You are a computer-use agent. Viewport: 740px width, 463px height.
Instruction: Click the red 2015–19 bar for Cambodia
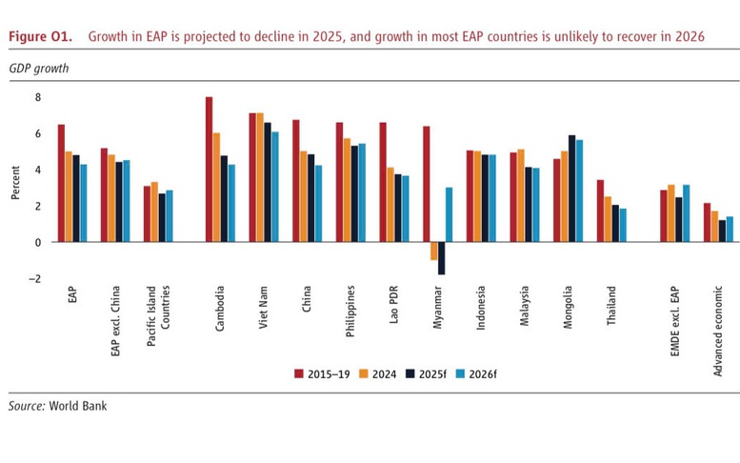click(209, 170)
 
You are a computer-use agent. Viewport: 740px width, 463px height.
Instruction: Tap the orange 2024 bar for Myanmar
click(434, 251)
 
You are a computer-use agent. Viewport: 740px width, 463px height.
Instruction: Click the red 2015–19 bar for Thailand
click(600, 211)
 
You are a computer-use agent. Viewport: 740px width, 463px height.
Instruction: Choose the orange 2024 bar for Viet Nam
click(260, 177)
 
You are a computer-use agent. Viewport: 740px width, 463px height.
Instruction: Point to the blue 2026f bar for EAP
click(83, 203)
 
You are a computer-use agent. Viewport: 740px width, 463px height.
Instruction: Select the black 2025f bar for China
click(310, 198)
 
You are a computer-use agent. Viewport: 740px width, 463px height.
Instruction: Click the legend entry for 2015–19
click(319, 374)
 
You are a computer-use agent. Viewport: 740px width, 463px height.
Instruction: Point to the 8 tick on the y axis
click(38, 97)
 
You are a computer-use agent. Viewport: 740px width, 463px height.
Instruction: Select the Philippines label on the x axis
click(350, 308)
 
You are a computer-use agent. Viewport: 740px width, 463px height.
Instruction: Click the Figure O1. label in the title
click(40, 36)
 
